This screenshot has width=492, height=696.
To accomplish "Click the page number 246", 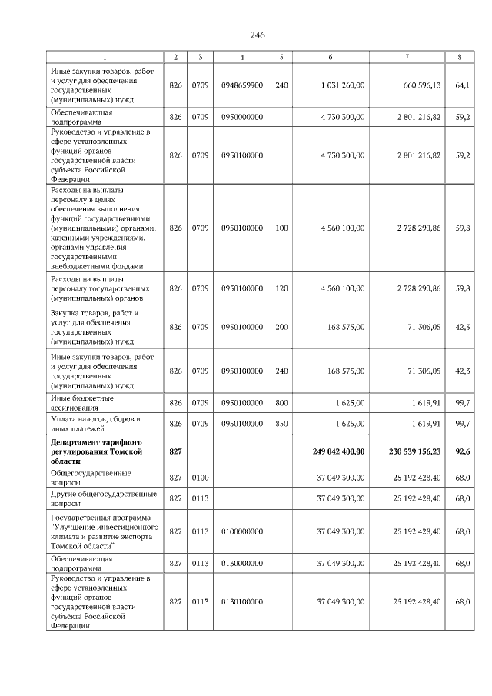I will tap(257, 35).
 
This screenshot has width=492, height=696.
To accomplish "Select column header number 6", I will tap(330, 57).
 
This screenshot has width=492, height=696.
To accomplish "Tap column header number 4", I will tap(242, 57).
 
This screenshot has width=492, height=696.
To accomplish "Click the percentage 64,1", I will tap(462, 85).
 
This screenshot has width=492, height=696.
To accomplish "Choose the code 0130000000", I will tap(242, 564).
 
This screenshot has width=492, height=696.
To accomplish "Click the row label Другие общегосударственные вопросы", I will tap(103, 498).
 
